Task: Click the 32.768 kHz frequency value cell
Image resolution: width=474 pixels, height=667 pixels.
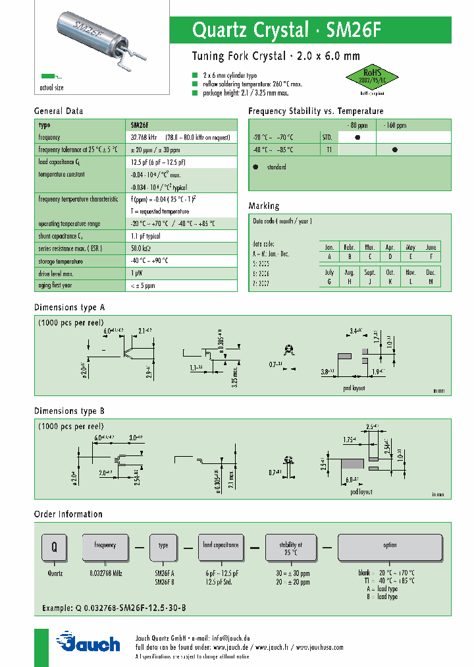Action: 144,138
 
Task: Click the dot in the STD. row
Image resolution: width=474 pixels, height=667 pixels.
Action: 357,137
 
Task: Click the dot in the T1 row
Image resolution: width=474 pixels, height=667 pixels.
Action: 395,150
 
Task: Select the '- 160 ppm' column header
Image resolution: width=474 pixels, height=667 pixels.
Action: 394,125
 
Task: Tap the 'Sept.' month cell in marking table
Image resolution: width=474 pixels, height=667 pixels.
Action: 370,272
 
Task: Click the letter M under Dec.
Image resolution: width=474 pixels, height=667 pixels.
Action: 431,281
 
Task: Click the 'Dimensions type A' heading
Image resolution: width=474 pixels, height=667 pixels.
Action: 69,307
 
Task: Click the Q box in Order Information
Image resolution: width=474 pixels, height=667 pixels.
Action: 55,546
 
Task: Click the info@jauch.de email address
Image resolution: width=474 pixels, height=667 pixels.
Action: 230,638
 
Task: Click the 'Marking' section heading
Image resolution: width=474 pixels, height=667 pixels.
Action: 264,206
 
